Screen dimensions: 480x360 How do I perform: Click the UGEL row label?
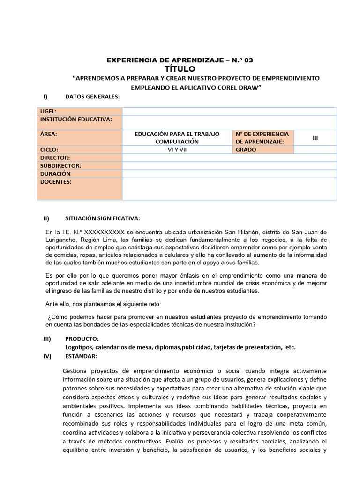[48, 111]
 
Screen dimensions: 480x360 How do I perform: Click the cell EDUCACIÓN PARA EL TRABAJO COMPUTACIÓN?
[177, 138]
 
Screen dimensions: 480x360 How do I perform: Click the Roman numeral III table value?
[315, 138]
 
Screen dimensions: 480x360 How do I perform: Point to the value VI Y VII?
[177, 150]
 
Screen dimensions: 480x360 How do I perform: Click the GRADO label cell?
[246, 150]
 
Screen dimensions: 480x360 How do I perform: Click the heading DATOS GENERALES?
[92, 97]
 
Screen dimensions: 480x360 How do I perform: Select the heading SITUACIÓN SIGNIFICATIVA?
[102, 218]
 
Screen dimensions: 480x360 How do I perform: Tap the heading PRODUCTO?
[82, 339]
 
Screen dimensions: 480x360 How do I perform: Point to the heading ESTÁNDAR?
[81, 356]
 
